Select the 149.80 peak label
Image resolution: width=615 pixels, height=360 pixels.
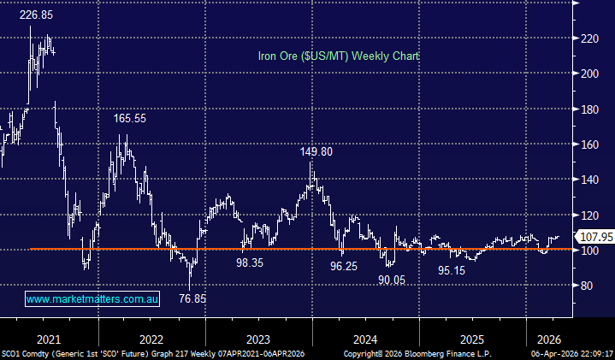(316, 151)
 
